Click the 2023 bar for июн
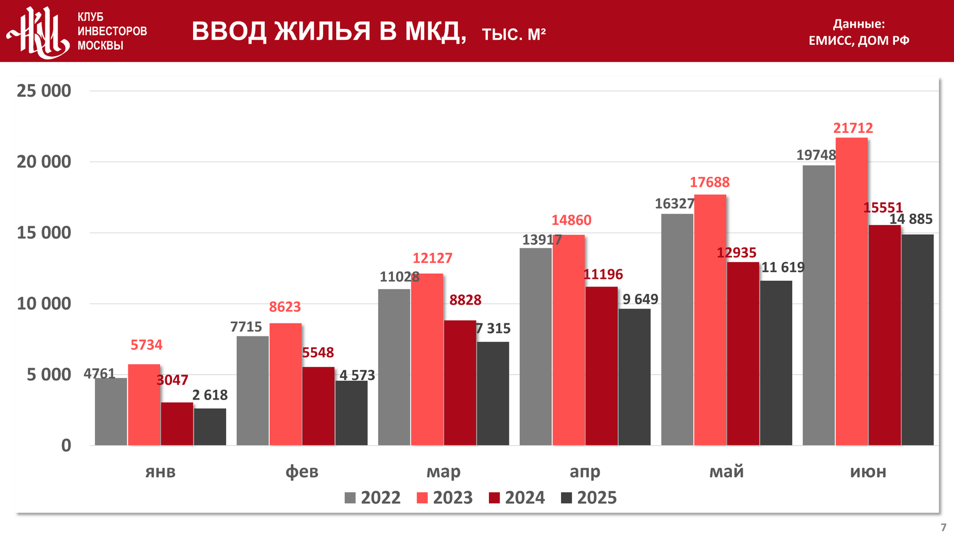[851, 292]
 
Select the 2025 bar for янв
[210, 427]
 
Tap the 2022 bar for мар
[394, 367]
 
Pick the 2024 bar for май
[743, 353]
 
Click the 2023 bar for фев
[285, 384]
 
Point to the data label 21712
[853, 128]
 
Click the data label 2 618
[210, 395]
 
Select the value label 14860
[571, 220]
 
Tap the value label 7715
[246, 327]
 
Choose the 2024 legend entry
[517, 498]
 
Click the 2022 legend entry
[373, 498]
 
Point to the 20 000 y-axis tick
[44, 162]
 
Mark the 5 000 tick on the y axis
[49, 375]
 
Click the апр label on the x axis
[585, 472]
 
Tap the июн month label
[868, 472]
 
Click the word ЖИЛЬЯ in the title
[323, 31]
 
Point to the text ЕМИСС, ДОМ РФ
[859, 40]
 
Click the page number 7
[944, 527]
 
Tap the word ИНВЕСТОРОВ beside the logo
[112, 31]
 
